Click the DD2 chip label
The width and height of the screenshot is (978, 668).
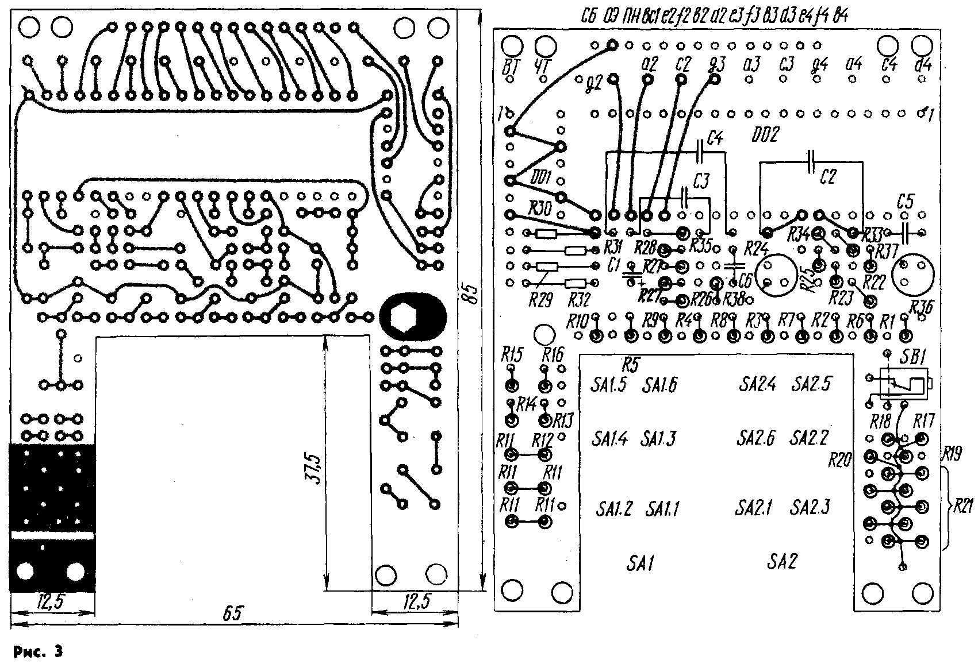click(x=764, y=136)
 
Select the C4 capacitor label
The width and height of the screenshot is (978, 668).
click(x=715, y=138)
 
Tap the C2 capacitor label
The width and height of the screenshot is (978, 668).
click(x=827, y=177)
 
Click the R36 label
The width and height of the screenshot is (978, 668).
click(x=922, y=304)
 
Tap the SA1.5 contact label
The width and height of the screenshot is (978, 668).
click(x=608, y=385)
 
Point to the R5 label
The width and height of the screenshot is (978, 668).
click(x=631, y=364)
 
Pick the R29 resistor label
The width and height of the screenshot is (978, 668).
click(x=539, y=300)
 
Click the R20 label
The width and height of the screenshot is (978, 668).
click(x=840, y=460)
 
